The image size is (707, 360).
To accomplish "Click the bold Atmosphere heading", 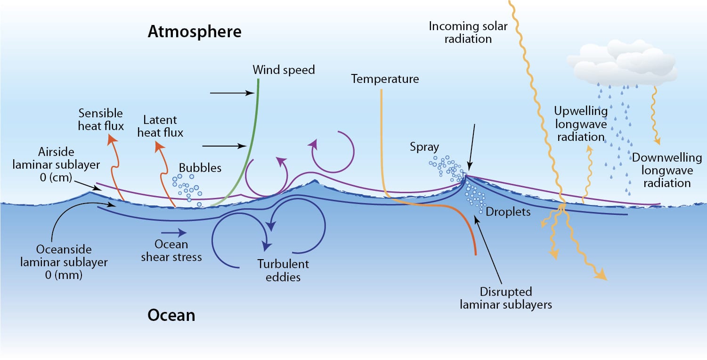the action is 195,32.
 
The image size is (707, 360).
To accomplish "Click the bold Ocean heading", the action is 171,316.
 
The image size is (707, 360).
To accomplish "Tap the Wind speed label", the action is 284,70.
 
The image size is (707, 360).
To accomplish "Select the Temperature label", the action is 385,79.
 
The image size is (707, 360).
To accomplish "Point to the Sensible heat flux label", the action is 101,120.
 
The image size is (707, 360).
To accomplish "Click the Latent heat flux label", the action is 160,126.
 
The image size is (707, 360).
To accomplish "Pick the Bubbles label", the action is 200,168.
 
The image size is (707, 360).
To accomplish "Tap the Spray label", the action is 424,147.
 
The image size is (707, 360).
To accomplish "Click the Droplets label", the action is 508,212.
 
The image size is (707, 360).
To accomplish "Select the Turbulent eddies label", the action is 283,270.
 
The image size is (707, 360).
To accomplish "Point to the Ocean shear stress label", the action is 171,251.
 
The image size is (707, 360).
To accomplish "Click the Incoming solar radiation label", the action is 468,33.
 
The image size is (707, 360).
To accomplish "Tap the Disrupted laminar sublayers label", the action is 505,298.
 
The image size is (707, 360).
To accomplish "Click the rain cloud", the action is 622,63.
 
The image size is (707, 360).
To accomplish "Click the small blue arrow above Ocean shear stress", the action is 174,233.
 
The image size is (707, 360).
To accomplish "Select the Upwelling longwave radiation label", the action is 581,124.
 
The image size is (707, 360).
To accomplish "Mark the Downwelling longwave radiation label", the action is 667,171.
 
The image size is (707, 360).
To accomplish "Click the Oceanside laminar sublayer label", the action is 64,262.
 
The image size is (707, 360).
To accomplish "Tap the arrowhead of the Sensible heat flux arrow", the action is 112,139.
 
